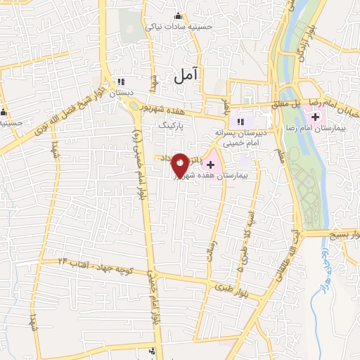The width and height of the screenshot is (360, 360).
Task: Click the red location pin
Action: tap(180, 165)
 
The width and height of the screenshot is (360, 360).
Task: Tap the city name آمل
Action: tap(186, 73)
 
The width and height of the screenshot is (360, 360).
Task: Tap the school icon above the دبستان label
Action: tap(121, 82)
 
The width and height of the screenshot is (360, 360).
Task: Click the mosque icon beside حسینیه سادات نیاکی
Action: tap(178, 16)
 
